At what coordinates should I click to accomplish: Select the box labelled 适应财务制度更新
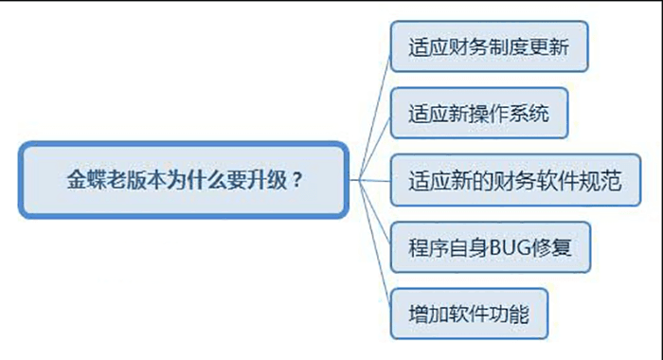pos(489,46)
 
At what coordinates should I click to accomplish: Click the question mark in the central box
pos(299,178)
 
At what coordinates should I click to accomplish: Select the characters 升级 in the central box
pos(269,178)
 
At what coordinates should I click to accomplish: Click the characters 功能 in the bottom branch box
pos(511,313)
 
